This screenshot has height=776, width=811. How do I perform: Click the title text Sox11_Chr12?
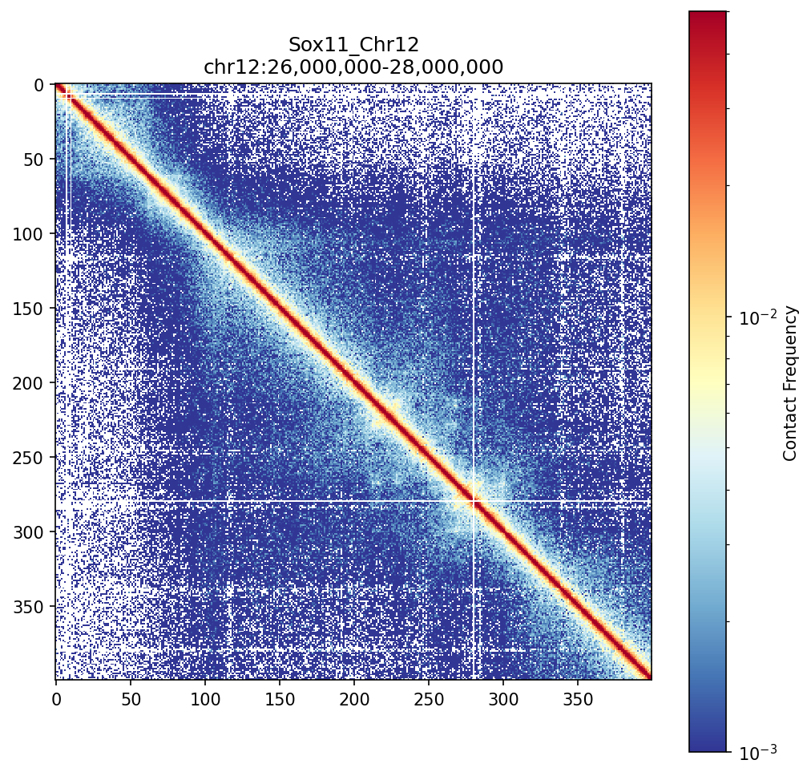353,46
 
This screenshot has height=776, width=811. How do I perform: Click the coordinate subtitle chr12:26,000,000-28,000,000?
353,67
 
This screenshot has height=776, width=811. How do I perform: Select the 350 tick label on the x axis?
578,700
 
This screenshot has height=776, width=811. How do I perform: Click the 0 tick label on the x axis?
56,700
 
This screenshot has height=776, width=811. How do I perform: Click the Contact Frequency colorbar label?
790,382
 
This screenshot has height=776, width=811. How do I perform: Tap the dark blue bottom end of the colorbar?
708,746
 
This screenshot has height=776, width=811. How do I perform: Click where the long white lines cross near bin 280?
474,502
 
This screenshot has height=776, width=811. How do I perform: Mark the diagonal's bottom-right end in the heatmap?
648,677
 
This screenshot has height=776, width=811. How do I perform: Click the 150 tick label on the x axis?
280,700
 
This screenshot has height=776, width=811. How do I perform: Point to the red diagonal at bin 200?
354,382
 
